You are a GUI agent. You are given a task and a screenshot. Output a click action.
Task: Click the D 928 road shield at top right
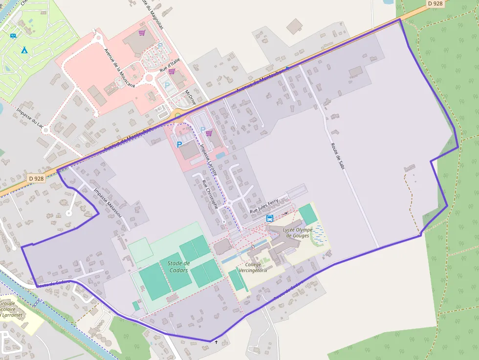(435, 3)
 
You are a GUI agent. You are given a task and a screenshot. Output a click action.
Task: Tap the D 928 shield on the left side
(36, 178)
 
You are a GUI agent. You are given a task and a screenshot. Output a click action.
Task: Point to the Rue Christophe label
(210, 194)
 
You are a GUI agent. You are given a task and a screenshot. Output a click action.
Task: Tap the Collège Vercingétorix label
(253, 267)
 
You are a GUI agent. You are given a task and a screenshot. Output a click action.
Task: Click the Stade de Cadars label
(178, 267)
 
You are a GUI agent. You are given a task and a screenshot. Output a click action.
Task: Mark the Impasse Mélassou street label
(106, 203)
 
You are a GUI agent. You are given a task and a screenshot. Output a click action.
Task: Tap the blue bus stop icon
(270, 218)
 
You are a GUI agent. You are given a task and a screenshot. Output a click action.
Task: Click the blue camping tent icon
(24, 50)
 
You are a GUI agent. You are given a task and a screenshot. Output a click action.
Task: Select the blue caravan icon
(13, 36)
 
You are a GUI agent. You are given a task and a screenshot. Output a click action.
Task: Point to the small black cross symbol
(216, 342)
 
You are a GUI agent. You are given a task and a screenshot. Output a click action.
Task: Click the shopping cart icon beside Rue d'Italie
(172, 71)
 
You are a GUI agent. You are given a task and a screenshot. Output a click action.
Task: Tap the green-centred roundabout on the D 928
(178, 116)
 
